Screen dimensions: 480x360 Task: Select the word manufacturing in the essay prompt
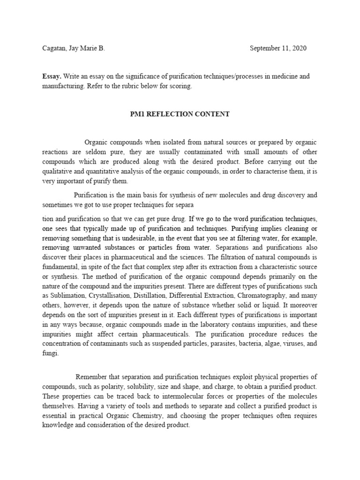click(65, 86)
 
